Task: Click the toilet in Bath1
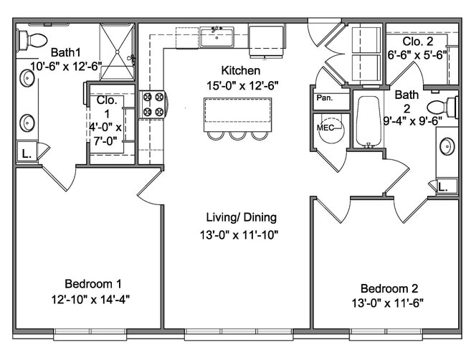coord(32,40)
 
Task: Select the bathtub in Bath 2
coord(368,121)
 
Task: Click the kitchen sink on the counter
coord(217,37)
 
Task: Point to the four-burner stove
coord(153,105)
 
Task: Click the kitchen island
coord(238,115)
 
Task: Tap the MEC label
coord(325,128)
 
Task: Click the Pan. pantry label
coord(325,98)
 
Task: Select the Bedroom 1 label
coord(93,283)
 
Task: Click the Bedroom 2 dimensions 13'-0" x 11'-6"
coord(388,303)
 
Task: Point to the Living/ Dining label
coord(242,217)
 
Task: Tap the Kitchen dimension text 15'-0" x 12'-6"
coord(242,86)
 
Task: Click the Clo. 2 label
coord(418,42)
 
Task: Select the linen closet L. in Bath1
coord(27,152)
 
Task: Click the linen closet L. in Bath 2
coord(447,186)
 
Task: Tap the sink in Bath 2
coord(447,146)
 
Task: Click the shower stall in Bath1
coord(117,52)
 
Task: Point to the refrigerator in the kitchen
coord(266,41)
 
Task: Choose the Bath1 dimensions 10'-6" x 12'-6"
coord(66,66)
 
